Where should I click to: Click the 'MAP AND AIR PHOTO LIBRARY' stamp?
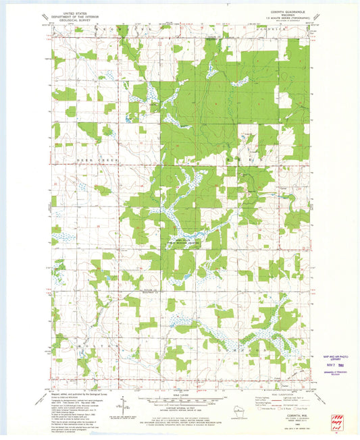tap(336, 358)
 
